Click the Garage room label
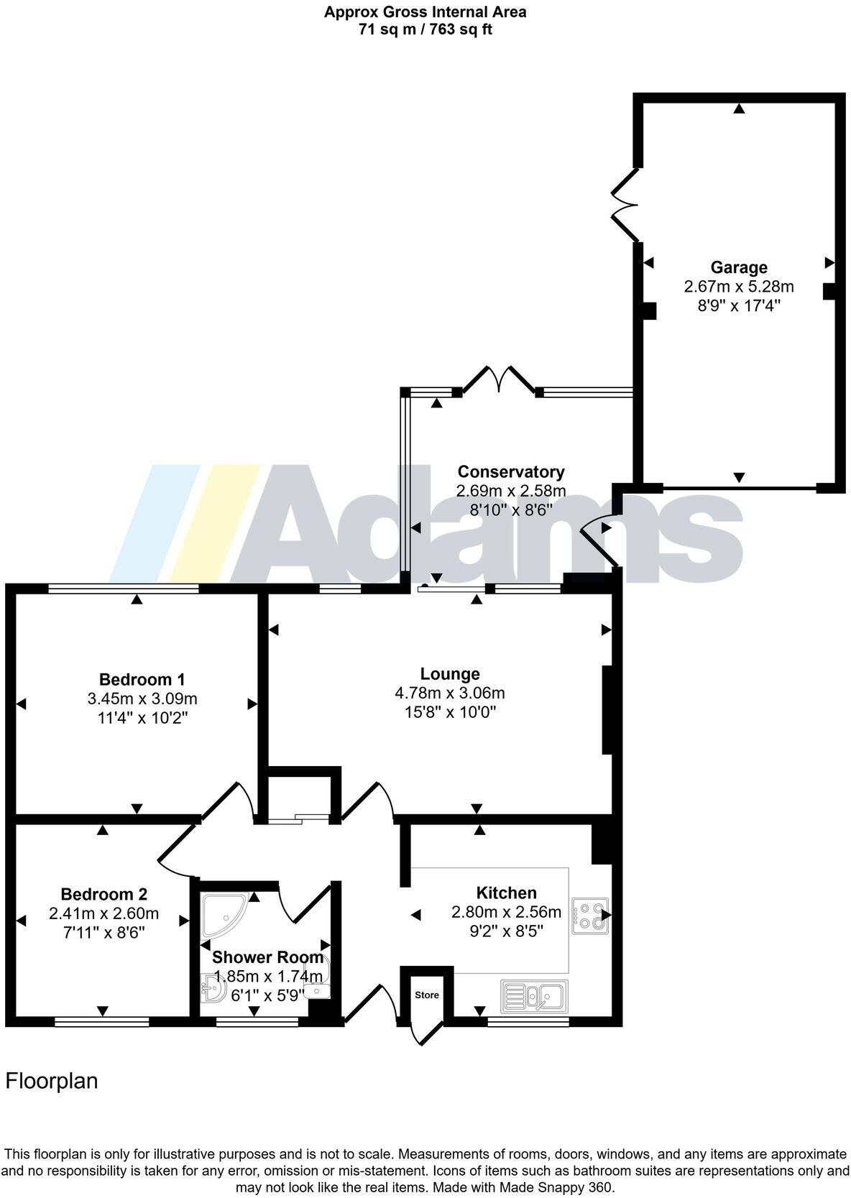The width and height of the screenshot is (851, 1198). [x=739, y=267]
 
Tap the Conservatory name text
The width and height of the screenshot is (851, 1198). [x=511, y=471]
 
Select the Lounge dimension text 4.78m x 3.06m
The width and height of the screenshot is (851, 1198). [x=449, y=693]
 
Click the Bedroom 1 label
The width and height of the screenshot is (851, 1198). [x=142, y=679]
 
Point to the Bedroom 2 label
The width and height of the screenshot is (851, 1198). [x=103, y=894]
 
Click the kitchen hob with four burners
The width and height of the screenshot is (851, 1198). [x=590, y=916]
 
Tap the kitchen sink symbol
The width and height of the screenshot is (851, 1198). [x=535, y=996]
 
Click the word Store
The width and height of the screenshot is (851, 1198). [x=426, y=995]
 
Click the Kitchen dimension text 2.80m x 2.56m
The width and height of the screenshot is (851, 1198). [x=506, y=912]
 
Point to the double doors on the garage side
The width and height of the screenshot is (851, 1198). [x=625, y=205]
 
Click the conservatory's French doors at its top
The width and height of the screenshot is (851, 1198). [x=498, y=379]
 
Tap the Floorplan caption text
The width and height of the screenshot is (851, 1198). [x=52, y=1081]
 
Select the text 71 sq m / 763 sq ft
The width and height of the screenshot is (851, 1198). [x=425, y=29]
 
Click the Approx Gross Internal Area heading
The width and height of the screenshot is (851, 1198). [x=425, y=11]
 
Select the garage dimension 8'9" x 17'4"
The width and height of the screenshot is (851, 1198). [x=739, y=305]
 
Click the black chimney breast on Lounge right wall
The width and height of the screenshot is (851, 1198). [x=607, y=710]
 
